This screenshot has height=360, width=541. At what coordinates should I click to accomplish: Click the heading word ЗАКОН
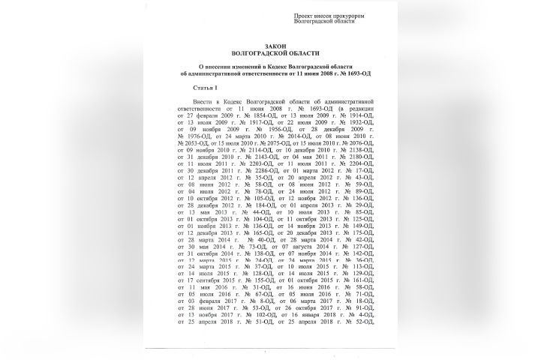click(270, 46)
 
